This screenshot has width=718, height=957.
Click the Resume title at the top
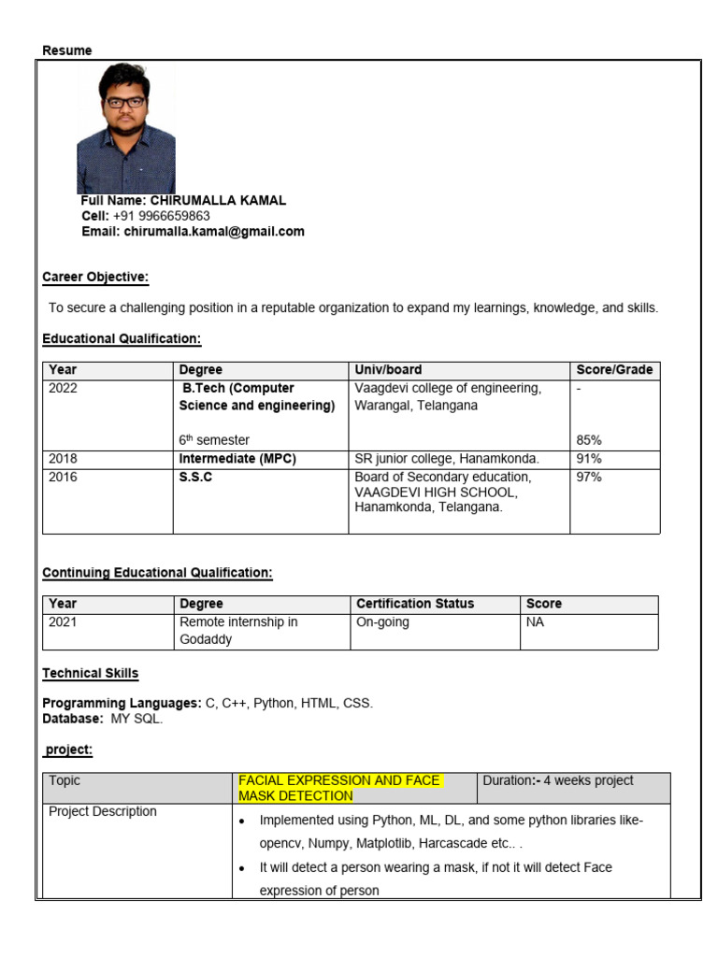[x=67, y=50]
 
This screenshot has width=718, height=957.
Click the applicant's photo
[x=125, y=129]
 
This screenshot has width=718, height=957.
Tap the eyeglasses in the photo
[x=124, y=102]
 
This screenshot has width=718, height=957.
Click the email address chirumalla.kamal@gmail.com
[x=214, y=232]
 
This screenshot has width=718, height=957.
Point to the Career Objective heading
[x=95, y=278]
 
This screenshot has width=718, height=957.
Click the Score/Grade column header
[x=614, y=370]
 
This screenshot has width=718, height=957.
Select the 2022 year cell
[x=64, y=389]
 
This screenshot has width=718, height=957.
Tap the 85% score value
[x=589, y=439]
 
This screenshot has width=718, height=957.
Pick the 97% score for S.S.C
[x=589, y=478]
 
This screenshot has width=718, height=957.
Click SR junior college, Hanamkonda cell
[x=447, y=459]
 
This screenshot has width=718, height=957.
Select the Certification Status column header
[x=415, y=604]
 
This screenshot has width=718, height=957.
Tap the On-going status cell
[x=383, y=622]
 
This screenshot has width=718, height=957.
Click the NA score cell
[x=535, y=622]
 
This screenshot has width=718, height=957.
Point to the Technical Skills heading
[x=91, y=673]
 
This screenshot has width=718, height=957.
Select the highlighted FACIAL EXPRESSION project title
[x=339, y=788]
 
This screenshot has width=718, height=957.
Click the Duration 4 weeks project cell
[x=558, y=780]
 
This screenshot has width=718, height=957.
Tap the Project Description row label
[x=103, y=811]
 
